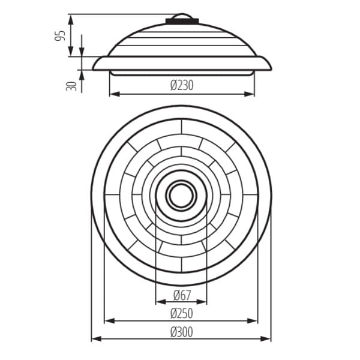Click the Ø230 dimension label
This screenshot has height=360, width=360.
tap(182, 85)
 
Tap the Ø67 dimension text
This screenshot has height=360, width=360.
tap(182, 295)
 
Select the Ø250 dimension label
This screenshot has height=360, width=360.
tap(182, 313)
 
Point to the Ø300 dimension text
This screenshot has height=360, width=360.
tap(182, 332)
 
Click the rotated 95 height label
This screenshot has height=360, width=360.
tap(59, 36)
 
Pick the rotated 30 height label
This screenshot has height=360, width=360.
tap(71, 86)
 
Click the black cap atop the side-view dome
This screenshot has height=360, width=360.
tap(182, 21)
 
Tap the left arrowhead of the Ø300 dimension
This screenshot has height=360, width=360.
tap(97, 338)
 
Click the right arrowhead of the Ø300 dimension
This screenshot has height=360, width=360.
tap(266, 338)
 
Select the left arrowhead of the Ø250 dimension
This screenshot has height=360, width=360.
tap(110, 321)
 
